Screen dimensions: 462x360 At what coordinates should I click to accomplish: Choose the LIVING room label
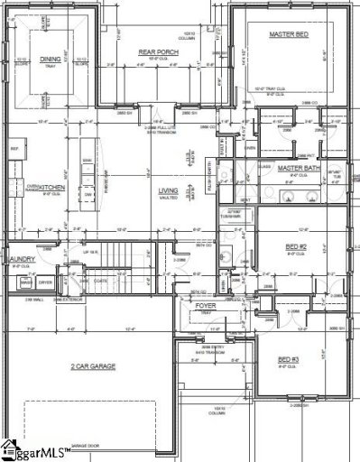(169, 191)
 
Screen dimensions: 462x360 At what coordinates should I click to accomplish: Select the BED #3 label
(289, 358)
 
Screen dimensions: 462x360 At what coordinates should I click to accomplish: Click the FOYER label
(205, 306)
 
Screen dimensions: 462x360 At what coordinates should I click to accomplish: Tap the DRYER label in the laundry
(45, 282)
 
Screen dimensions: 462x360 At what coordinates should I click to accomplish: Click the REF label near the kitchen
(14, 148)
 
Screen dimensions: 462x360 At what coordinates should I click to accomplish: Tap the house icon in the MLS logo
(11, 448)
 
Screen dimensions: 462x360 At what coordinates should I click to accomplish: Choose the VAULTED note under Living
(169, 200)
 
